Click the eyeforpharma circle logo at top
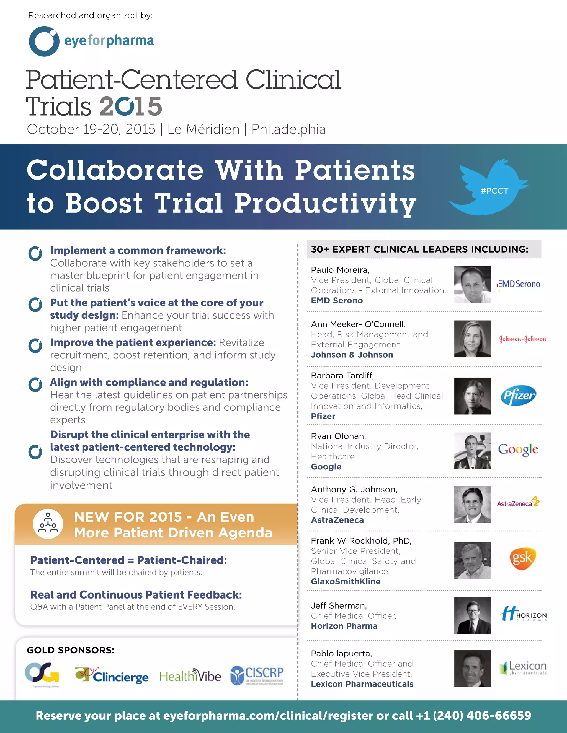click(x=44, y=41)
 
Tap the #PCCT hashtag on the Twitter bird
click(x=494, y=191)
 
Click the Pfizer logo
click(x=518, y=395)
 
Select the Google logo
click(x=518, y=450)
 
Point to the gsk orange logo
click(x=521, y=558)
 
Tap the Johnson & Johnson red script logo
click(x=522, y=339)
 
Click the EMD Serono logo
click(x=519, y=284)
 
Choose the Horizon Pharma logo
click(x=523, y=615)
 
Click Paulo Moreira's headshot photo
click(x=473, y=285)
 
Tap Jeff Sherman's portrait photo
click(x=473, y=615)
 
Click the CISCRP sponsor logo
click(x=257, y=675)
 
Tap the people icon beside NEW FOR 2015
click(x=48, y=524)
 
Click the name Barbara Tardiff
click(x=342, y=375)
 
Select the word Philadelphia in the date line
click(x=288, y=129)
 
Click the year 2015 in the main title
click(x=131, y=106)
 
